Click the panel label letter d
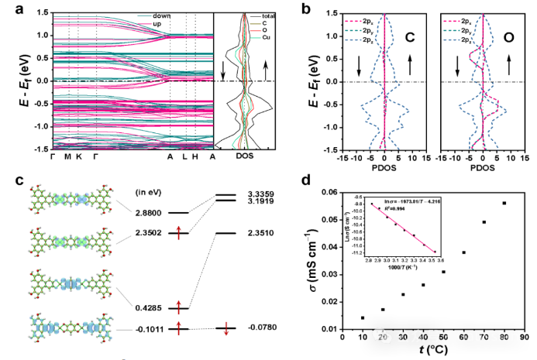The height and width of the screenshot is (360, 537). pos(315,183)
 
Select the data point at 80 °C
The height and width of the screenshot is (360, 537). pos(504,203)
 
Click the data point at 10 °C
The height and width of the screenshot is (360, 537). pos(363,317)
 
